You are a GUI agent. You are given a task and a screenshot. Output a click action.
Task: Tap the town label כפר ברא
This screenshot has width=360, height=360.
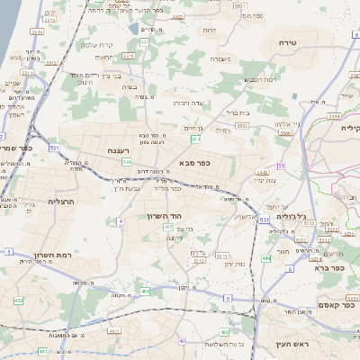tap(329, 267)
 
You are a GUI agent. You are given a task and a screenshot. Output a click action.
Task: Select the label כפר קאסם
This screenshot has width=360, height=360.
tap(336, 305)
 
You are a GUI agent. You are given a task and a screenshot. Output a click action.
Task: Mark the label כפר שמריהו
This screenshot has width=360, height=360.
tap(20, 148)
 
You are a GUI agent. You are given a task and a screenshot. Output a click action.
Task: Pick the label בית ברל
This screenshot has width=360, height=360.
tap(231, 112)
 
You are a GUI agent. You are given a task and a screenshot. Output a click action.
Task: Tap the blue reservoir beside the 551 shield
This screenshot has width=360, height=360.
tap(134, 30)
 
